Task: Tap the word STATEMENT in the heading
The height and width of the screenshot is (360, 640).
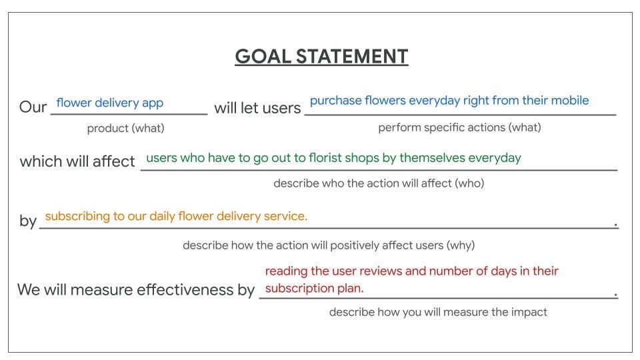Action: pos(352,56)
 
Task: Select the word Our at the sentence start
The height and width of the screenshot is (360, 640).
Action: pos(33,107)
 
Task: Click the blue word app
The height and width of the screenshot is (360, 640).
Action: pos(153,103)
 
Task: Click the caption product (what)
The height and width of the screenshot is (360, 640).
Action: pos(126,128)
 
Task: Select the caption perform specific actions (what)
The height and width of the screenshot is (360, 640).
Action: pos(459,127)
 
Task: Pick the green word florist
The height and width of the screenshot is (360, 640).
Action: pos(324,157)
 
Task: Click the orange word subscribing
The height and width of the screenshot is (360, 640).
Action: pos(77,216)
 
